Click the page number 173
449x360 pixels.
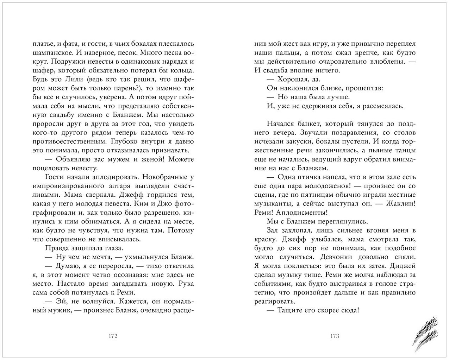click(335, 336)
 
